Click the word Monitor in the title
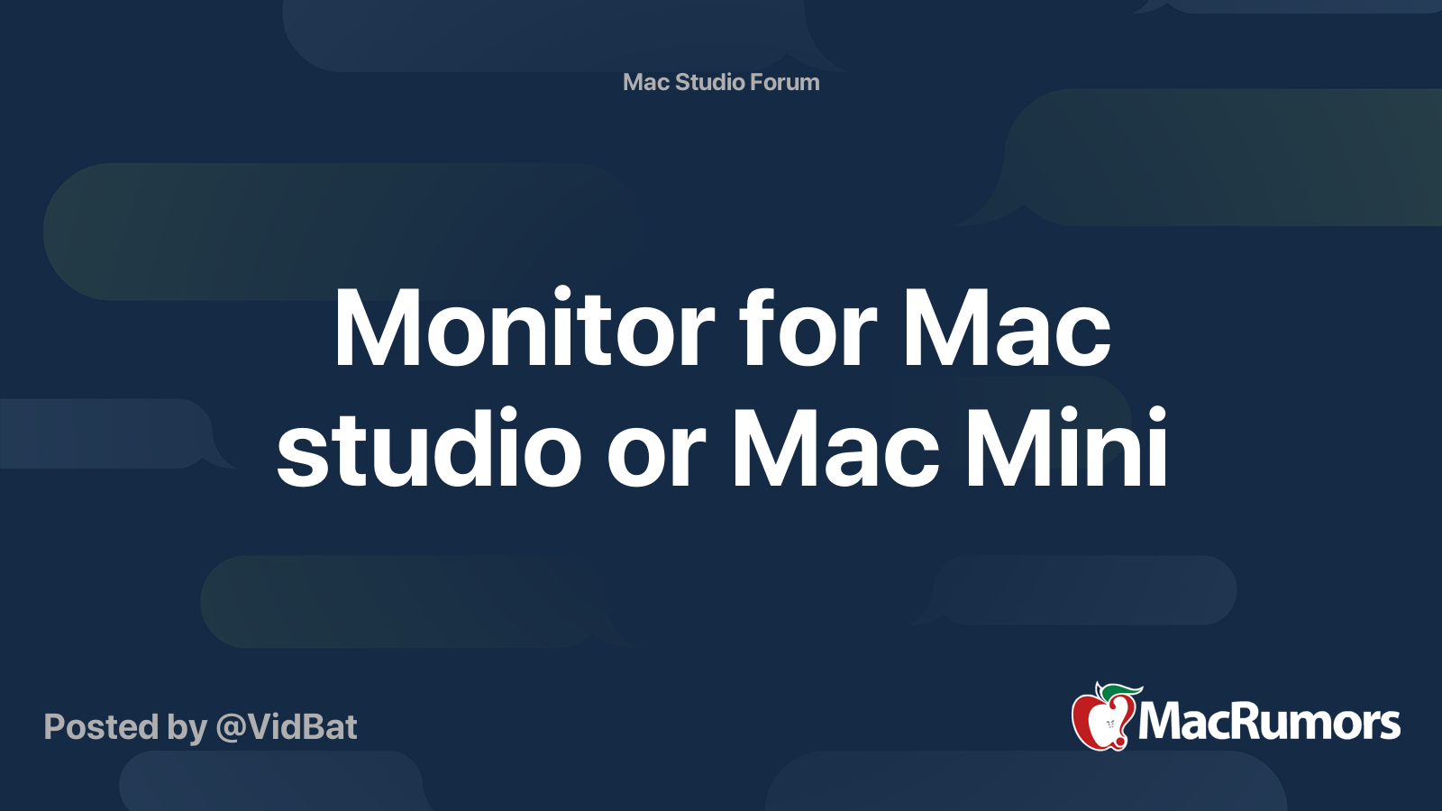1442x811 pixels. [524, 329]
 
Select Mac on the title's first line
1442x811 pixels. [1006, 329]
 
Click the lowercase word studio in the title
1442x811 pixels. [429, 449]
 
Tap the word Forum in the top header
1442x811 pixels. [785, 82]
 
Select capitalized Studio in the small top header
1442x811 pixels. [710, 82]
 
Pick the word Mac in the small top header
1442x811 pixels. [646, 82]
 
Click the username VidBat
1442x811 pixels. [302, 727]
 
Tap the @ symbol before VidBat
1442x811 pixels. [231, 728]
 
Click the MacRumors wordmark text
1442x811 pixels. [1269, 723]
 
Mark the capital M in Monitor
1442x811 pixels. [371, 329]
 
